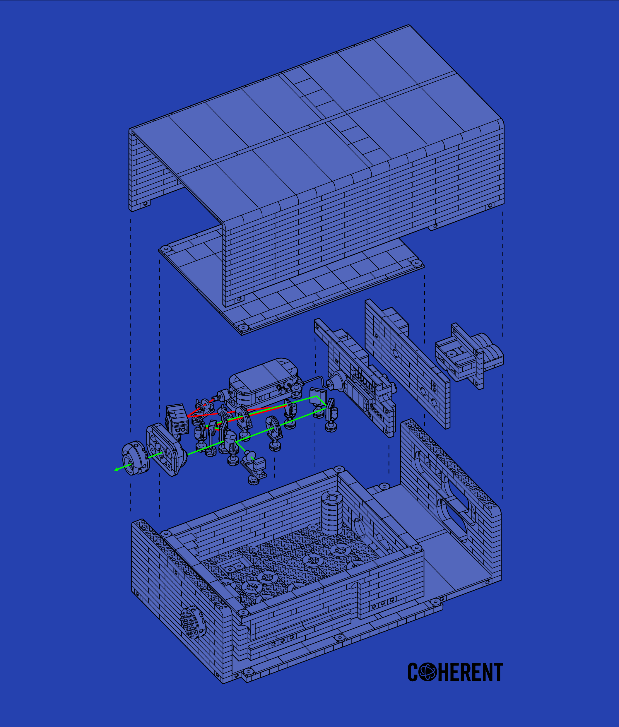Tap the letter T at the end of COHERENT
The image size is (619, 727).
point(498,672)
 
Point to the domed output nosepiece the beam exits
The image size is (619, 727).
point(135,458)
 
